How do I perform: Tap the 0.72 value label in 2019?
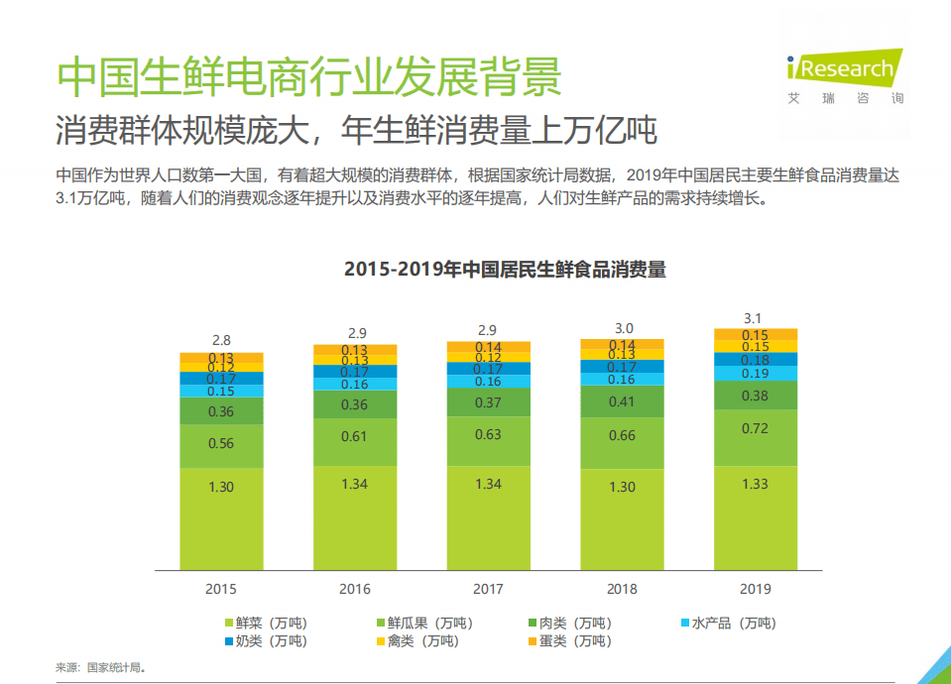(x=756, y=428)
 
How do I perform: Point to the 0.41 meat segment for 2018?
(x=622, y=402)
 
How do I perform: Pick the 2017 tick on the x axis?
(x=488, y=589)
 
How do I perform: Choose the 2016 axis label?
(x=355, y=589)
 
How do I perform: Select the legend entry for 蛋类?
(x=568, y=641)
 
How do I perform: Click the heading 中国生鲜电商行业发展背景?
(x=307, y=77)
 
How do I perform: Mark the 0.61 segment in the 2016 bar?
(x=355, y=436)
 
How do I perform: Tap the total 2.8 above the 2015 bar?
(x=221, y=340)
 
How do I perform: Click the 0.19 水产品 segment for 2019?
(x=756, y=374)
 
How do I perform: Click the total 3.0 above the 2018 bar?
(x=622, y=328)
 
